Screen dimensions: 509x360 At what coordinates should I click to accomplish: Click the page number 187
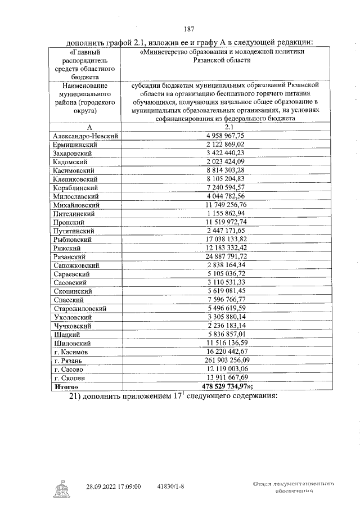[188, 29]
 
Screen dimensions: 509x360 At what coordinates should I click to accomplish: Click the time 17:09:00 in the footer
[129, 486]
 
